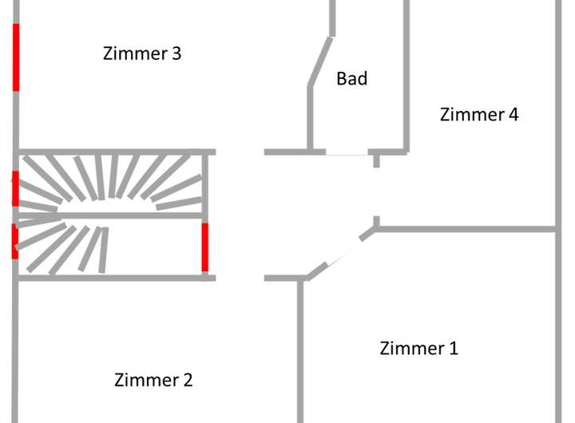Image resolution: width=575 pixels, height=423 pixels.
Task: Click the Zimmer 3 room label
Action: click(x=142, y=54)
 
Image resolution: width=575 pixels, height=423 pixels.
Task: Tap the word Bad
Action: click(x=351, y=79)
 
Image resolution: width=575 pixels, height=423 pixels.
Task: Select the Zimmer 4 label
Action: click(x=479, y=115)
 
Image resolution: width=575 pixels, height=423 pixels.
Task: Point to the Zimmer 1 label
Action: click(x=418, y=349)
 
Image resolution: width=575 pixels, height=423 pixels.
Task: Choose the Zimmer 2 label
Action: click(x=153, y=380)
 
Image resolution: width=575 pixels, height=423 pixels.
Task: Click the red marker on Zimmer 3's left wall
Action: click(x=15, y=57)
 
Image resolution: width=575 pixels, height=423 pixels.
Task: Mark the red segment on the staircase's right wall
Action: click(x=205, y=247)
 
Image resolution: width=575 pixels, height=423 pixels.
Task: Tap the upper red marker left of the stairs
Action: click(x=15, y=188)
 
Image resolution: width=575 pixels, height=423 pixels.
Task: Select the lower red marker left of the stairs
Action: click(x=15, y=241)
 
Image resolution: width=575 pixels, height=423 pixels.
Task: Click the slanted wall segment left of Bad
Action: click(x=320, y=61)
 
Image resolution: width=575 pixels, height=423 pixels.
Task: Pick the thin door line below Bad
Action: click(x=347, y=153)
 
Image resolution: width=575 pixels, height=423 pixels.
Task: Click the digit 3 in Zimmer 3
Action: click(x=176, y=54)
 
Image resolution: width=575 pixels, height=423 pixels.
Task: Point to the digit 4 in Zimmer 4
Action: click(x=514, y=115)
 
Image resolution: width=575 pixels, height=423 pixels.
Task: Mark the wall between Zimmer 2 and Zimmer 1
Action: click(x=300, y=351)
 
